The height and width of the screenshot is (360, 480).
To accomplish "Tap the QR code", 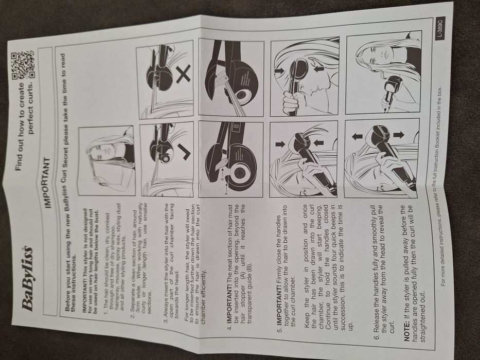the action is coord(23,65).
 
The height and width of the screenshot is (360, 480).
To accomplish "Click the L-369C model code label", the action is coord(440,28).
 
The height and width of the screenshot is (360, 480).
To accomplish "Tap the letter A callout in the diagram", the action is coord(227,193).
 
